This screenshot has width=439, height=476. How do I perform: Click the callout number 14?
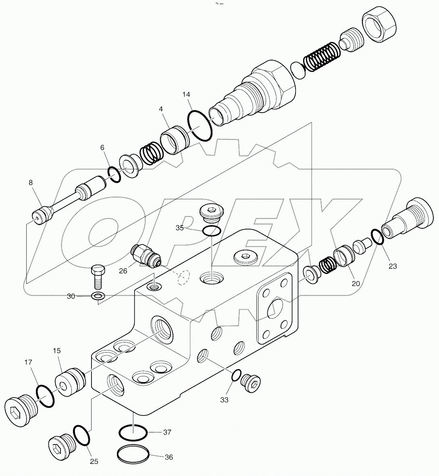point(186,94)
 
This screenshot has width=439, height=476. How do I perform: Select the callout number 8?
point(31,182)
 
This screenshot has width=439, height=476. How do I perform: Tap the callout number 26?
point(123,271)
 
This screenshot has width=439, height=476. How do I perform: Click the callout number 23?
point(393,266)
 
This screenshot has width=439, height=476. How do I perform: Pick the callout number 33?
point(224,400)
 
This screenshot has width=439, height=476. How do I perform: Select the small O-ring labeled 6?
point(114,175)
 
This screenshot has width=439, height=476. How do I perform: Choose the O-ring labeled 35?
point(211,231)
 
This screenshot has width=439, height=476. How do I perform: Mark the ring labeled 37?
point(133,433)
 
